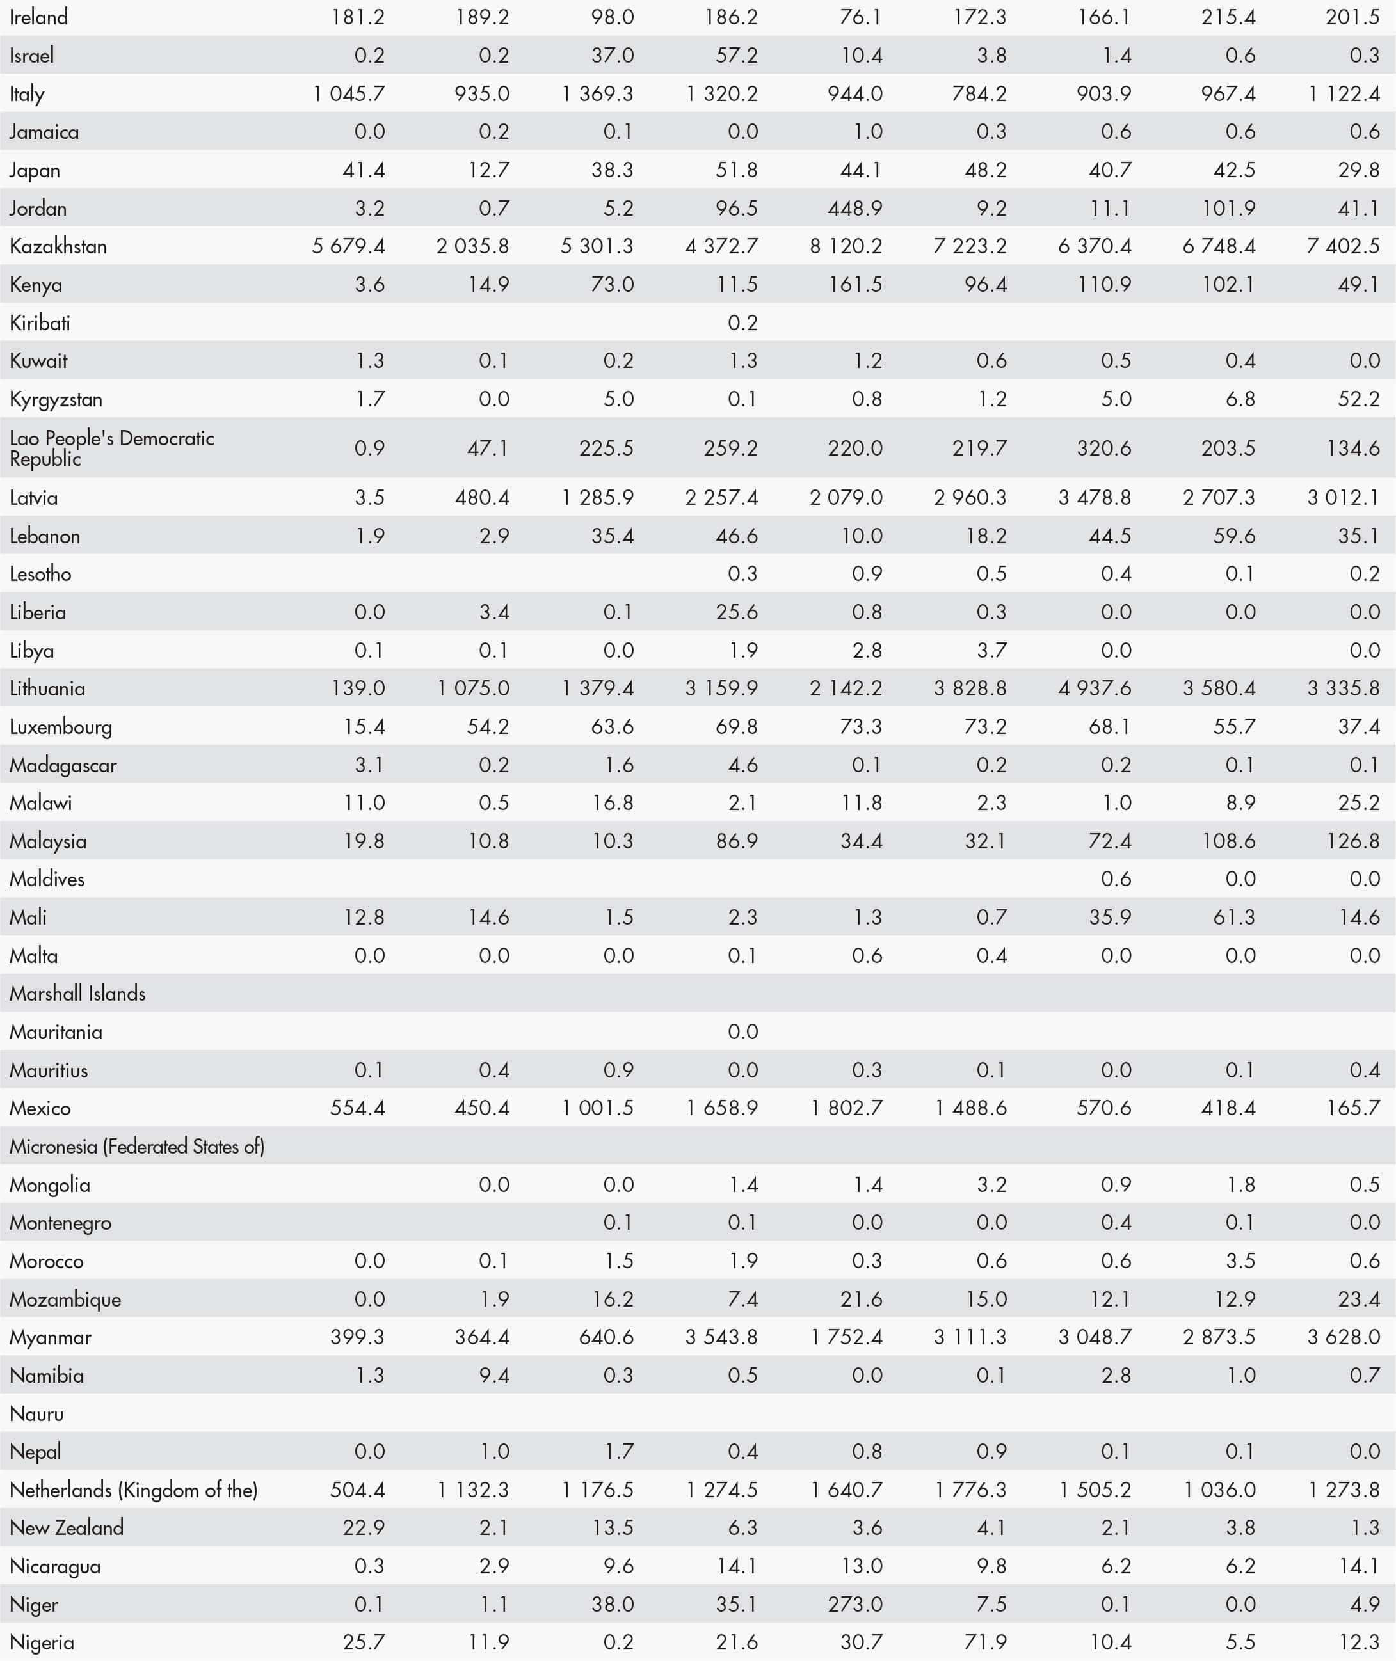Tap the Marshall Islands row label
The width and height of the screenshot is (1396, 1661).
(x=77, y=994)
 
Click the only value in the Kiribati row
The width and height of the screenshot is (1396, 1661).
(x=742, y=322)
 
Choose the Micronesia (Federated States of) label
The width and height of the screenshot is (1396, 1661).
(x=136, y=1146)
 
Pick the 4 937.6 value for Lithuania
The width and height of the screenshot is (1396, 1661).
(x=1095, y=688)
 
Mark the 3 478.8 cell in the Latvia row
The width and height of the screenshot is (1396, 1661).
(x=1095, y=498)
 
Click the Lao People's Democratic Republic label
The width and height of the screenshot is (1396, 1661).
(x=111, y=449)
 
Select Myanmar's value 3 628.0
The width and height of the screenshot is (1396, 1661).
(x=1343, y=1337)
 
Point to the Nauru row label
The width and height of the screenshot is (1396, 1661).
(x=36, y=1413)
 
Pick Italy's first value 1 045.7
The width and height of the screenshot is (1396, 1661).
(x=348, y=94)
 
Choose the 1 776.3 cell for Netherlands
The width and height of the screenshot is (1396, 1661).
(x=970, y=1490)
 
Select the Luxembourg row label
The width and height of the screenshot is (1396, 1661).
(x=60, y=727)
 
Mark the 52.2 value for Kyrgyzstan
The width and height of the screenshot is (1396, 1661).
(x=1358, y=399)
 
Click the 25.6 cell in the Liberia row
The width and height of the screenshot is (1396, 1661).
(x=736, y=612)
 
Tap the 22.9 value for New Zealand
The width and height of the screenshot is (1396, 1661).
(x=364, y=1527)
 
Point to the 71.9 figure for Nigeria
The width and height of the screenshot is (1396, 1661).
(x=985, y=1642)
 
